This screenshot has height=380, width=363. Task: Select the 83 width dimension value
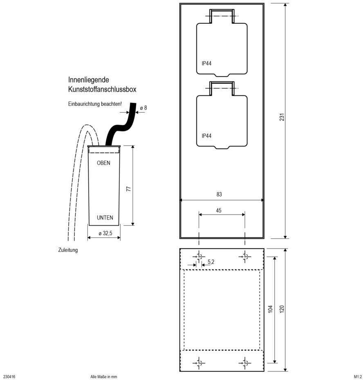coord(219,195)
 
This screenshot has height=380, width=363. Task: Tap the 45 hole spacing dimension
coord(219,210)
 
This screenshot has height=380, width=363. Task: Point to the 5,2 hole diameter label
coord(211,262)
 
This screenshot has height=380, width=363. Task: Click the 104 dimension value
coord(270,309)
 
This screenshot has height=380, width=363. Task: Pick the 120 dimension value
coord(282,309)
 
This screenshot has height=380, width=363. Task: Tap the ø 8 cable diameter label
coord(143,108)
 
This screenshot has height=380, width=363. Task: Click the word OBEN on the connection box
coord(103,163)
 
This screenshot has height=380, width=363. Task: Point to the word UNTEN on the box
coord(105,218)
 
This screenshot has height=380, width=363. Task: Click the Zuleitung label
coord(68,250)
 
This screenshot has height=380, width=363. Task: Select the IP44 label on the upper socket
coord(206,63)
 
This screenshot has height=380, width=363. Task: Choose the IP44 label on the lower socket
coord(206,136)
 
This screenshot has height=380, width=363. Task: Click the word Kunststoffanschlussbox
coord(102,89)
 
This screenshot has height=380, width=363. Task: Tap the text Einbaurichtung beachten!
coord(95,104)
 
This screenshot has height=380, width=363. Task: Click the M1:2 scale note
coord(358,377)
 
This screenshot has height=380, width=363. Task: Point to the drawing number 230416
coord(9,377)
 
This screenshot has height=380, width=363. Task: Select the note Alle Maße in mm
coord(103,377)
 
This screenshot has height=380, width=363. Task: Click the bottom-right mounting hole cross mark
coord(244,363)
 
